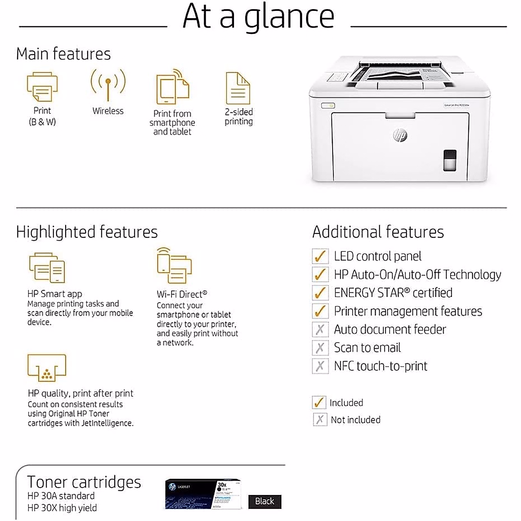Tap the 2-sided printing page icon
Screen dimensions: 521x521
pyautogui.click(x=238, y=88)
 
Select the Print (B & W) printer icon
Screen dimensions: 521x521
pyautogui.click(x=42, y=87)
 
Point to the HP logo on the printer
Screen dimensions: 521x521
pyautogui.click(x=400, y=135)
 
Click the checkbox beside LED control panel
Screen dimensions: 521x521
pyautogui.click(x=320, y=256)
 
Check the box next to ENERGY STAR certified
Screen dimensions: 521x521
pyautogui.click(x=320, y=293)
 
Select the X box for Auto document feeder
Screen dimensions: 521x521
pyautogui.click(x=320, y=330)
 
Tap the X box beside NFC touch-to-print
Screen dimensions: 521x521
pyautogui.click(x=320, y=366)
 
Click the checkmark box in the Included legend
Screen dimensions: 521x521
pyautogui.click(x=319, y=402)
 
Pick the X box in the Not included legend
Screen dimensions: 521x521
pyautogui.click(x=320, y=419)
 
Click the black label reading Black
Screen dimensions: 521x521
pyautogui.click(x=264, y=501)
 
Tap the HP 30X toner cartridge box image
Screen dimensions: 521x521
pyautogui.click(x=203, y=494)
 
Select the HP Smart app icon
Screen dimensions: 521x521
pyautogui.click(x=47, y=267)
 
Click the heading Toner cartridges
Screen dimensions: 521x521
pyautogui.click(x=84, y=482)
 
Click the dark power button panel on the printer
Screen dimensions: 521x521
pyautogui.click(x=450, y=160)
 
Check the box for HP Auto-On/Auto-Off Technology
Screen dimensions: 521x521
pyautogui.click(x=320, y=274)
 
